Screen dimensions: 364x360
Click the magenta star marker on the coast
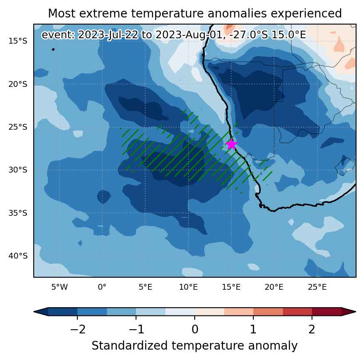231,144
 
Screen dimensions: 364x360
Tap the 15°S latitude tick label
18,41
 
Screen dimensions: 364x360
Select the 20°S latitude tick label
18,84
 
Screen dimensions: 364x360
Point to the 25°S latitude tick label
18,127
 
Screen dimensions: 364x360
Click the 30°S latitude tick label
18,170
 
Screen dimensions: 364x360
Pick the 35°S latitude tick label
18,213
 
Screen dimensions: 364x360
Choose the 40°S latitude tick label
18,256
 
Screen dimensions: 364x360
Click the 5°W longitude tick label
59,287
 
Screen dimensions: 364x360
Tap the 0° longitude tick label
102,287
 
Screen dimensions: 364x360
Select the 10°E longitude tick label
188,287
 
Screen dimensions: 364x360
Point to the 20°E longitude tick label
274,287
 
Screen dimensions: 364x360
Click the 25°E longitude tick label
317,287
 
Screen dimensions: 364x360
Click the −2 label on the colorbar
78,329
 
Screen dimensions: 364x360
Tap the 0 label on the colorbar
195,329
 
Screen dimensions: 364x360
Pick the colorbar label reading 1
253,329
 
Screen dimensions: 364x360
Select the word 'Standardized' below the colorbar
130,345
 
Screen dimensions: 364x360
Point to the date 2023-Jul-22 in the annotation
108,35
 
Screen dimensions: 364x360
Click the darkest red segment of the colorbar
327,311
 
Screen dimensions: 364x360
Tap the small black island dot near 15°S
53,49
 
